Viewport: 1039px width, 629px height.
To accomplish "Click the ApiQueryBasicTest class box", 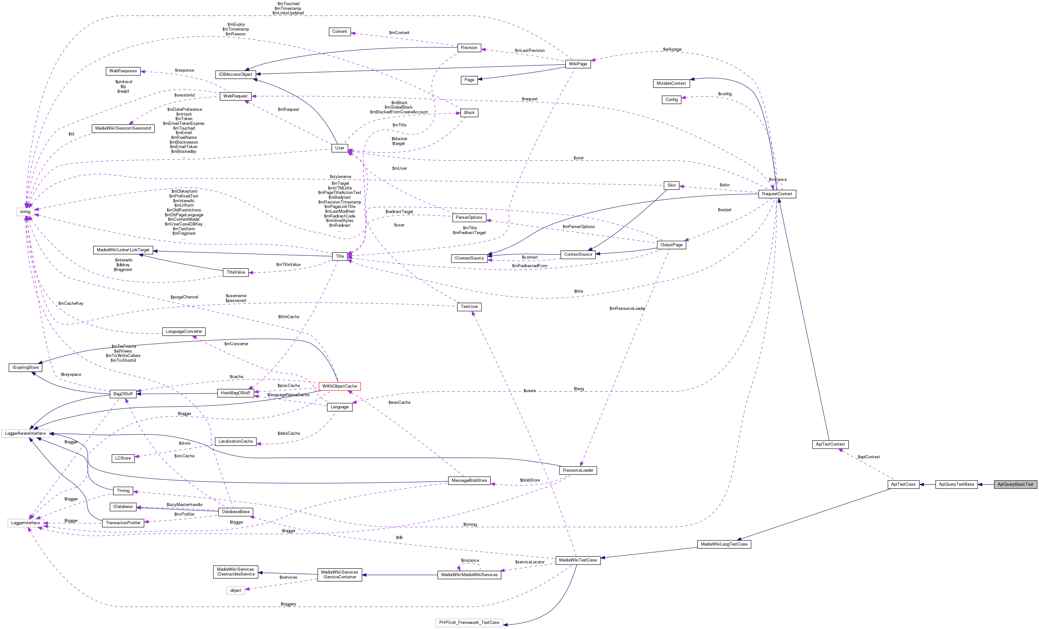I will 1015,484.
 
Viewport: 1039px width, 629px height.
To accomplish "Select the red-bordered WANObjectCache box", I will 339,386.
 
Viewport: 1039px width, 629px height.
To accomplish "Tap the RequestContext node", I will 777,194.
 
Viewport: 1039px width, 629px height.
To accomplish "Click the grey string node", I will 25,212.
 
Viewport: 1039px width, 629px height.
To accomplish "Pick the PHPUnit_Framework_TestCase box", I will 469,622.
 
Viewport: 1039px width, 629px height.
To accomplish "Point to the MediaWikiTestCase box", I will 578,560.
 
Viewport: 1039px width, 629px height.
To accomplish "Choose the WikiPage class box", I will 578,64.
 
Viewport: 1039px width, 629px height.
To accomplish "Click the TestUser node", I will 469,306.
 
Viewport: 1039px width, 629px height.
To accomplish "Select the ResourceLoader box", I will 578,470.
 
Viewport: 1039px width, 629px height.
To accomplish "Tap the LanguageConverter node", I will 184,331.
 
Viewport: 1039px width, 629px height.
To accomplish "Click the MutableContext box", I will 671,83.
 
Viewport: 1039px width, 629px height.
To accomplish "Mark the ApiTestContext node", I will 830,444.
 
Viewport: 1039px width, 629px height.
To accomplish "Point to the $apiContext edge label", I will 869,457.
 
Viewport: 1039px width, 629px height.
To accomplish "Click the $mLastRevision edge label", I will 530,51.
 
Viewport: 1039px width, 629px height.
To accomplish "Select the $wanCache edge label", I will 399,403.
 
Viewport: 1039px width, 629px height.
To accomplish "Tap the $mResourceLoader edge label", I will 627,309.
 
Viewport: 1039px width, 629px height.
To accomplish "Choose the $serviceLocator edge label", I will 530,562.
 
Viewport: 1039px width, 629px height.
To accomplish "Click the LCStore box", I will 123,458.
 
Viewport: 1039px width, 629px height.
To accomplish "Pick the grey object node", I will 236,590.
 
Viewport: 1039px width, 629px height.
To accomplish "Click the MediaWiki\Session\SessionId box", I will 123,128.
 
